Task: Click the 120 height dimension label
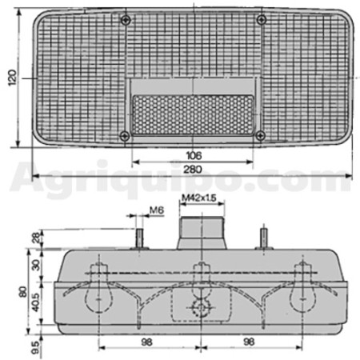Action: [x=12, y=78]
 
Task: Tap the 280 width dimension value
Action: [x=193, y=170]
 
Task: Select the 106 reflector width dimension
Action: [x=194, y=155]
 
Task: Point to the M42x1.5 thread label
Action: [x=199, y=198]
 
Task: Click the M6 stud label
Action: [x=157, y=210]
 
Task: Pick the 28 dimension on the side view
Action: [x=37, y=237]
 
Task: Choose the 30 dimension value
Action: [x=36, y=265]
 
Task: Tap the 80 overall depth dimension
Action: [x=23, y=292]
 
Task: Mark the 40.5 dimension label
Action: [x=36, y=302]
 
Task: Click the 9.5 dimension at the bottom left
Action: [x=36, y=348]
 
